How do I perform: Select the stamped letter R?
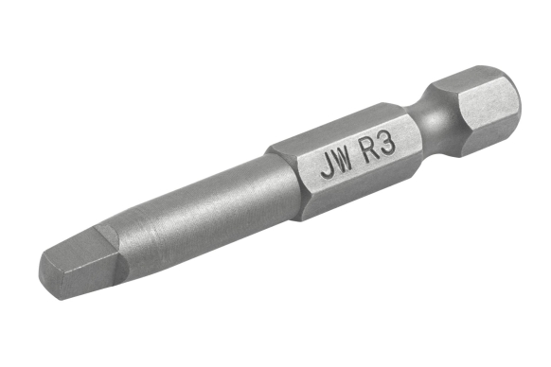(x=373, y=151)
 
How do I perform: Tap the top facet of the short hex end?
(x=469, y=76)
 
